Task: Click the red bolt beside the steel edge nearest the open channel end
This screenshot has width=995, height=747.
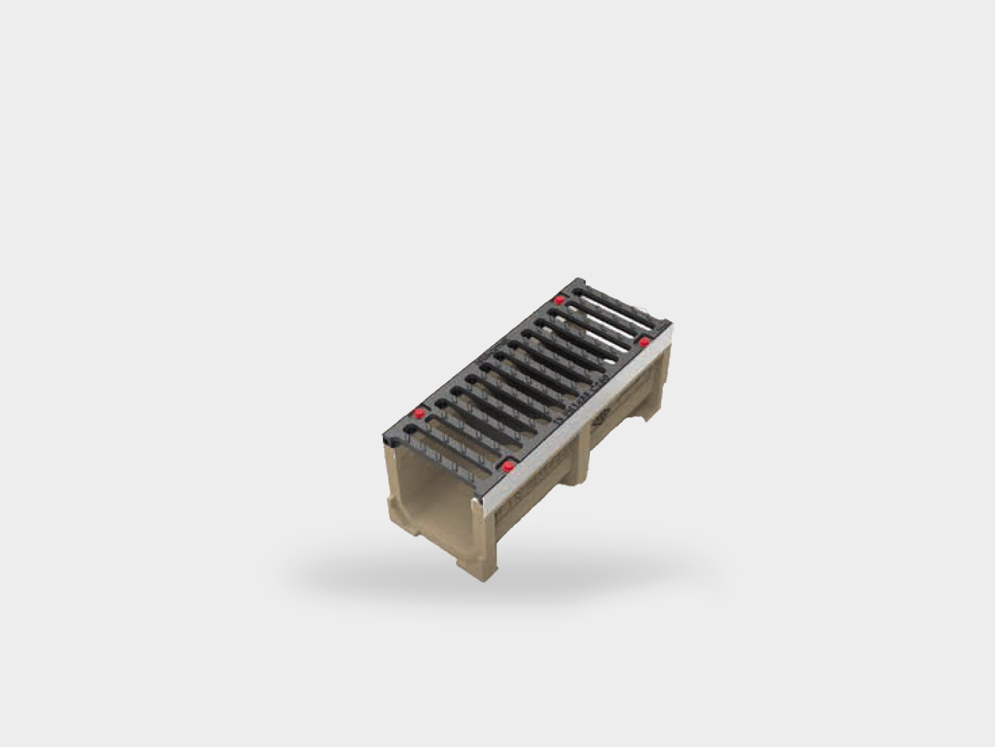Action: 508,467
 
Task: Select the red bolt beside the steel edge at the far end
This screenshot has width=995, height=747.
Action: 644,342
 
